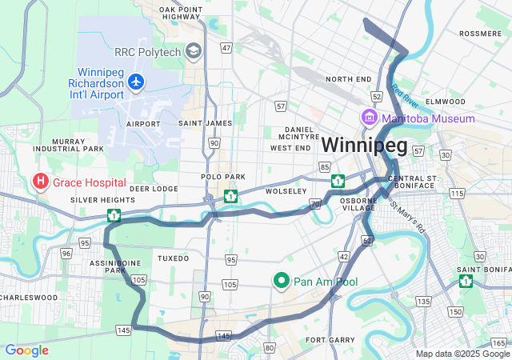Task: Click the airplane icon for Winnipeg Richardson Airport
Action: (x=136, y=82)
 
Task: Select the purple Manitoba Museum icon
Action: (x=370, y=118)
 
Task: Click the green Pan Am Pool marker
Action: (x=281, y=281)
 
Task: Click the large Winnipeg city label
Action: (x=364, y=146)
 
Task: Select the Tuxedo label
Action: (x=173, y=258)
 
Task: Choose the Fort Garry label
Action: (x=330, y=340)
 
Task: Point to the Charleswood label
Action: (x=29, y=297)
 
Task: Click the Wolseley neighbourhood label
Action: (x=286, y=191)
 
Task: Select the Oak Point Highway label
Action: (x=180, y=14)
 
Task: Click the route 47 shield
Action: (x=226, y=48)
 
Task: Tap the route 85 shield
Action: (x=324, y=166)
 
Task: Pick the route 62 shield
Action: (x=367, y=239)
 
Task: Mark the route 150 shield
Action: (x=456, y=311)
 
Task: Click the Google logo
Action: (x=26, y=350)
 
